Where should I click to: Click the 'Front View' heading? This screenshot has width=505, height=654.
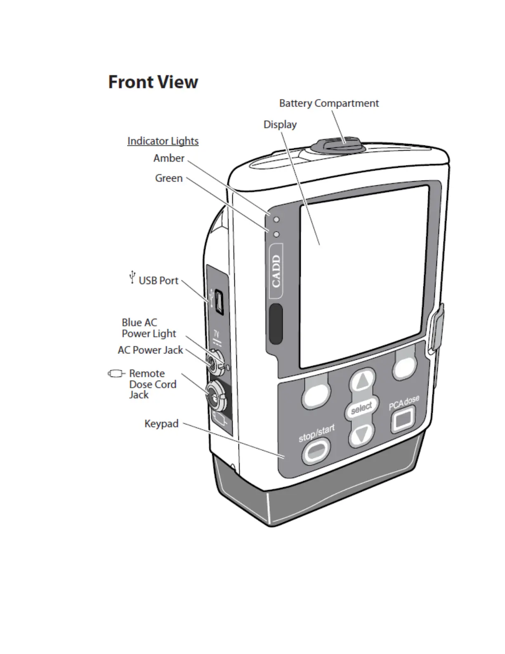point(153,82)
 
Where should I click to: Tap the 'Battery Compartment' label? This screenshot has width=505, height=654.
point(329,103)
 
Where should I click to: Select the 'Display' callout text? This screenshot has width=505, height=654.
point(280,124)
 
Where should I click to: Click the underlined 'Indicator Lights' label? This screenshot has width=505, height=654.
point(163,141)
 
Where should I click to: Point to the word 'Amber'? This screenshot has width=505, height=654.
point(169,158)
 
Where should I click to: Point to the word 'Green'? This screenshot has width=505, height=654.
point(169,178)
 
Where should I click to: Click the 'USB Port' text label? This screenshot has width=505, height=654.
point(158,281)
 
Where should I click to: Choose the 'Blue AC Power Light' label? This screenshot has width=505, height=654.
point(149,328)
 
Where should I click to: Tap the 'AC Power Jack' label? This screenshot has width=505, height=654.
point(150,350)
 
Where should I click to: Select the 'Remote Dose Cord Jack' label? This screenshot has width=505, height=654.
point(152,384)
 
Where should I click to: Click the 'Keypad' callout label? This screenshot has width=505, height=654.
point(161,424)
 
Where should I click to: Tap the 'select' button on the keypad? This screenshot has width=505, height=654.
point(361,408)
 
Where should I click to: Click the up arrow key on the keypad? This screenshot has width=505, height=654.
point(363,381)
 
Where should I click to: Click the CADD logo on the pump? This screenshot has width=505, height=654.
point(276,271)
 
